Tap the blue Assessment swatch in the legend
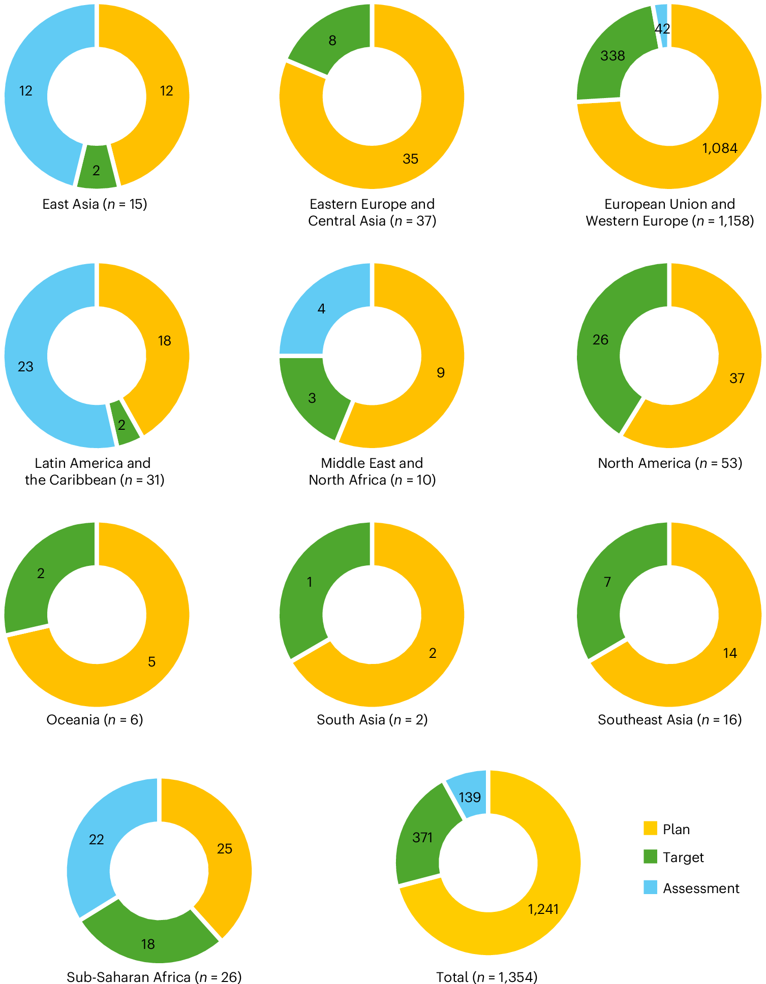(650, 887)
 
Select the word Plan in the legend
(676, 829)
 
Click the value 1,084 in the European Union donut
(720, 148)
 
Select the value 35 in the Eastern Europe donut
(410, 159)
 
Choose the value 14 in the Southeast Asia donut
(730, 653)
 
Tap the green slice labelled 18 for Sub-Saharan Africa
(148, 944)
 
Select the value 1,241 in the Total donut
(543, 909)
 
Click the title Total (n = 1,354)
(486, 977)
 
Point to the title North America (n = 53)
(669, 463)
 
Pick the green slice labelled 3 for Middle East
(312, 398)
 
